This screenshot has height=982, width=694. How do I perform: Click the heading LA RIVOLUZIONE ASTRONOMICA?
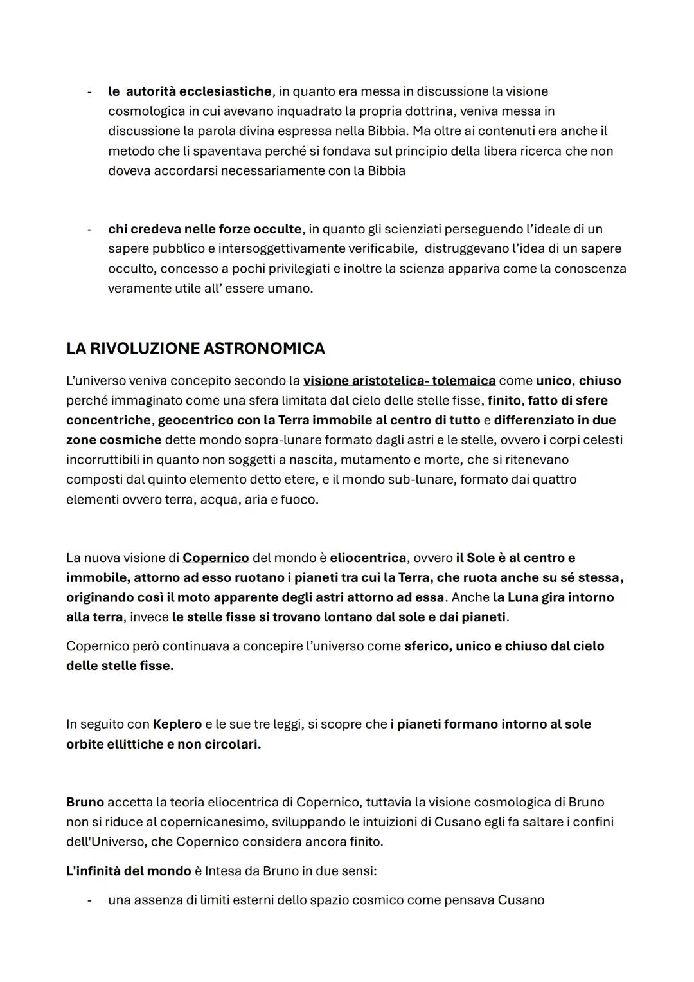(195, 349)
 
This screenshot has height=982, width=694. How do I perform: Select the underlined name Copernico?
(215, 558)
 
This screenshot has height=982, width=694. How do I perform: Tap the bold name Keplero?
(177, 724)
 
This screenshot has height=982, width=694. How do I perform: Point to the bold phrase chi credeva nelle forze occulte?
(204, 229)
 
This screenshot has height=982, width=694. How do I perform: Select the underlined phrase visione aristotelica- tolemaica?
(399, 381)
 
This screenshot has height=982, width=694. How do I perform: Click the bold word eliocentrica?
(368, 558)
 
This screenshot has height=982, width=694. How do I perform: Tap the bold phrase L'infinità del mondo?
(129, 871)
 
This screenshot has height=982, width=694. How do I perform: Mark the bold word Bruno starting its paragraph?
(85, 802)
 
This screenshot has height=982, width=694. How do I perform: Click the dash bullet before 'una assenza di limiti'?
(90, 900)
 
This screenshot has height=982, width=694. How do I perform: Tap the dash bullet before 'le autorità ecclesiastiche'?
(90, 91)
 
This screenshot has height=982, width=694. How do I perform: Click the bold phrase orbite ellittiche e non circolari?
(163, 744)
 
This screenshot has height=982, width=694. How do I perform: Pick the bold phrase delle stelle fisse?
(120, 666)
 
